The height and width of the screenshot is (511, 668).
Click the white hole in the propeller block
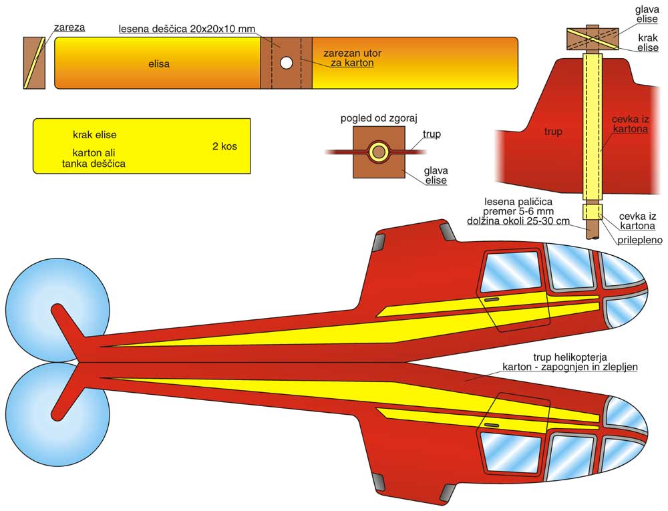286,63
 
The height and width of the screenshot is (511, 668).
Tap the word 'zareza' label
70,28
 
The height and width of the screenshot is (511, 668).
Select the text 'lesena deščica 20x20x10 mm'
187,29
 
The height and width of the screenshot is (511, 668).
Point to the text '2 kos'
224,146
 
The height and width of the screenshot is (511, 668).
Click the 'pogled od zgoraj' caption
379,119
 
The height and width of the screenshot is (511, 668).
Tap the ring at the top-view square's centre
379,152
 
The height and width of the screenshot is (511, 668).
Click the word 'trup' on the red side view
553,132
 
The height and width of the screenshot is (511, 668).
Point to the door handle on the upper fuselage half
492,300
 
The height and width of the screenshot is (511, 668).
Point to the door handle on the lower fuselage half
492,425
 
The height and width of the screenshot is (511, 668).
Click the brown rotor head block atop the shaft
592,39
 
